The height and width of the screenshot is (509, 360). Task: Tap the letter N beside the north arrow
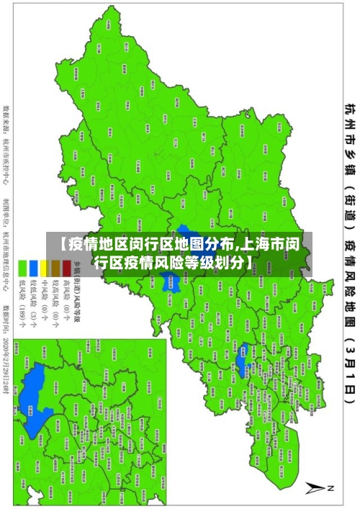pos(332,488)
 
